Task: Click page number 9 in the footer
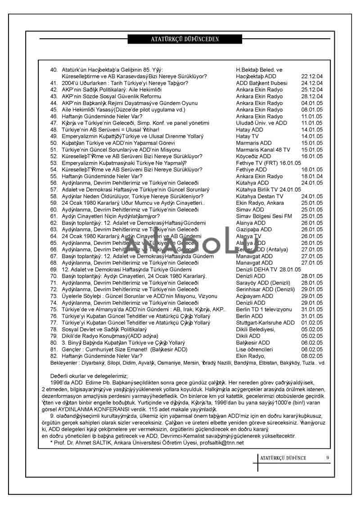328,458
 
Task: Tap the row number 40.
54,70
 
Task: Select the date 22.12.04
312,77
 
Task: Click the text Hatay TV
247,136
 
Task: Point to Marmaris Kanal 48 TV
263,150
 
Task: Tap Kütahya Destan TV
260,197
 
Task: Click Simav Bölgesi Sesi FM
264,216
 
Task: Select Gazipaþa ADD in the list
254,230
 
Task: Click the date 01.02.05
312,323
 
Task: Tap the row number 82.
54,356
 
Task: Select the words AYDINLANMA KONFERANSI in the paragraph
95,410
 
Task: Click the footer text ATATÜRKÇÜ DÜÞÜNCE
283,458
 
